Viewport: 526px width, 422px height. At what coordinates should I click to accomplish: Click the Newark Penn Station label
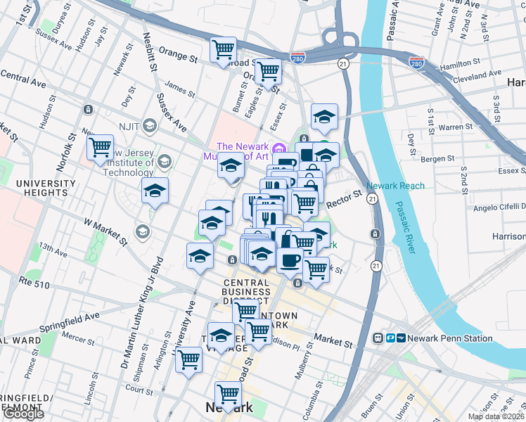point(454,338)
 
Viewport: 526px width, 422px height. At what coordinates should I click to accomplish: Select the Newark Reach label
point(396,186)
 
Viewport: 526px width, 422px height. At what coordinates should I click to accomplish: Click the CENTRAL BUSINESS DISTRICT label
point(247,292)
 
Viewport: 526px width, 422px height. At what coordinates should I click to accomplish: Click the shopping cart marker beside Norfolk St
point(100,147)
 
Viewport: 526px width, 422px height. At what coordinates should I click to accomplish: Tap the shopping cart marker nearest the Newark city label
point(228,393)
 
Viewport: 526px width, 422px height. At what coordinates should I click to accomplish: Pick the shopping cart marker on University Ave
point(189,359)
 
